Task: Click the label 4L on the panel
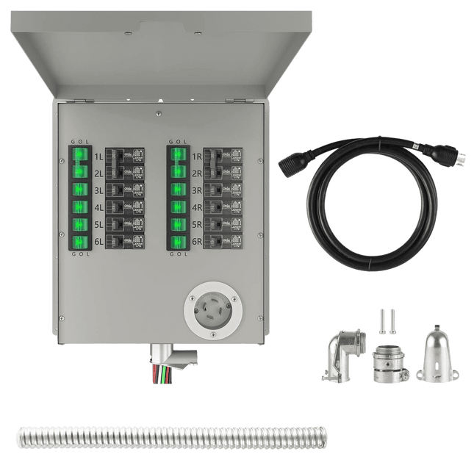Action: (98, 207)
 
